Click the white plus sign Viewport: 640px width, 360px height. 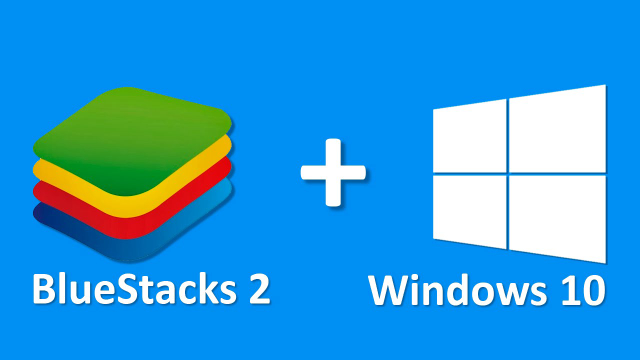333,172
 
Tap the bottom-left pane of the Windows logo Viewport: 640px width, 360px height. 469,211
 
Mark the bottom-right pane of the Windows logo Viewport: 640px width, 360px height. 557,219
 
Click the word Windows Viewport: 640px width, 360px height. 456,289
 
